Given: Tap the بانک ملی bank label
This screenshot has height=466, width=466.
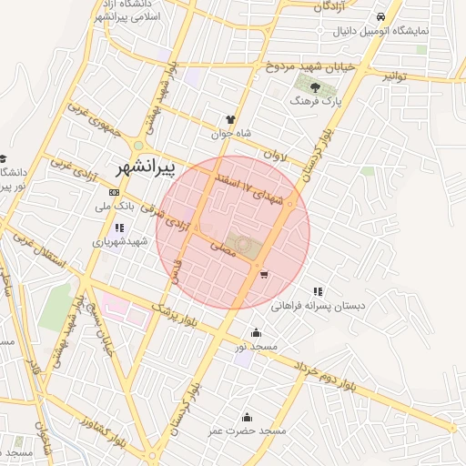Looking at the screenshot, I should (x=140, y=206).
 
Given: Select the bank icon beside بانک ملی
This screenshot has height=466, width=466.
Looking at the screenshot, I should (x=114, y=193).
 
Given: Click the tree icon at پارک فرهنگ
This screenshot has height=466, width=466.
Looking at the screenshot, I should (x=314, y=88).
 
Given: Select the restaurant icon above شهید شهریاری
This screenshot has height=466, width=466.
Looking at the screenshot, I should (x=119, y=228).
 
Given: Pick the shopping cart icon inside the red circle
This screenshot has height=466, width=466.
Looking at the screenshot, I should (x=263, y=273).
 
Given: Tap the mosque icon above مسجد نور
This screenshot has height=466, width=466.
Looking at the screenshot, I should (x=256, y=332).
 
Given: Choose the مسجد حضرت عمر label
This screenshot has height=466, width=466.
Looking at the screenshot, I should (x=246, y=430).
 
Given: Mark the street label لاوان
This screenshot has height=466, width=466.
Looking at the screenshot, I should (x=275, y=156).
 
